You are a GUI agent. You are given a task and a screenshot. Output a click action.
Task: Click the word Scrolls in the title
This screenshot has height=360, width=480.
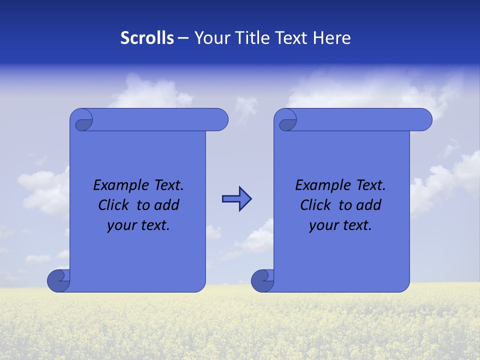[147, 38]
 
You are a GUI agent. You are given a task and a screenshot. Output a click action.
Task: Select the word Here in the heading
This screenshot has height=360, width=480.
[332, 38]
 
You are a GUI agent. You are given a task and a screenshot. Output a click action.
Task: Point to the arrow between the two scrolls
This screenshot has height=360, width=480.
[236, 199]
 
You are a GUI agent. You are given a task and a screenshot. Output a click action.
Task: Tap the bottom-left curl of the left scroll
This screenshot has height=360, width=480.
[58, 281]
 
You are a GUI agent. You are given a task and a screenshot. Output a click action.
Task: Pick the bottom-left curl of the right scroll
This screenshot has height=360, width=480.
[262, 281]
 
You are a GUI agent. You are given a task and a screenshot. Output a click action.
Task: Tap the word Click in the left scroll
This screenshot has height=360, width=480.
[113, 205]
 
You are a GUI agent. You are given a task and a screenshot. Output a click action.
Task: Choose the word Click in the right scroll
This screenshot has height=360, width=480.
[315, 205]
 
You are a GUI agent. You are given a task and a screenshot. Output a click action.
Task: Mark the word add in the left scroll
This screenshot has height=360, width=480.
[167, 205]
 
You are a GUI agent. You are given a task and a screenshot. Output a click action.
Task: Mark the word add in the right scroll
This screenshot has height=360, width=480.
[369, 205]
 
